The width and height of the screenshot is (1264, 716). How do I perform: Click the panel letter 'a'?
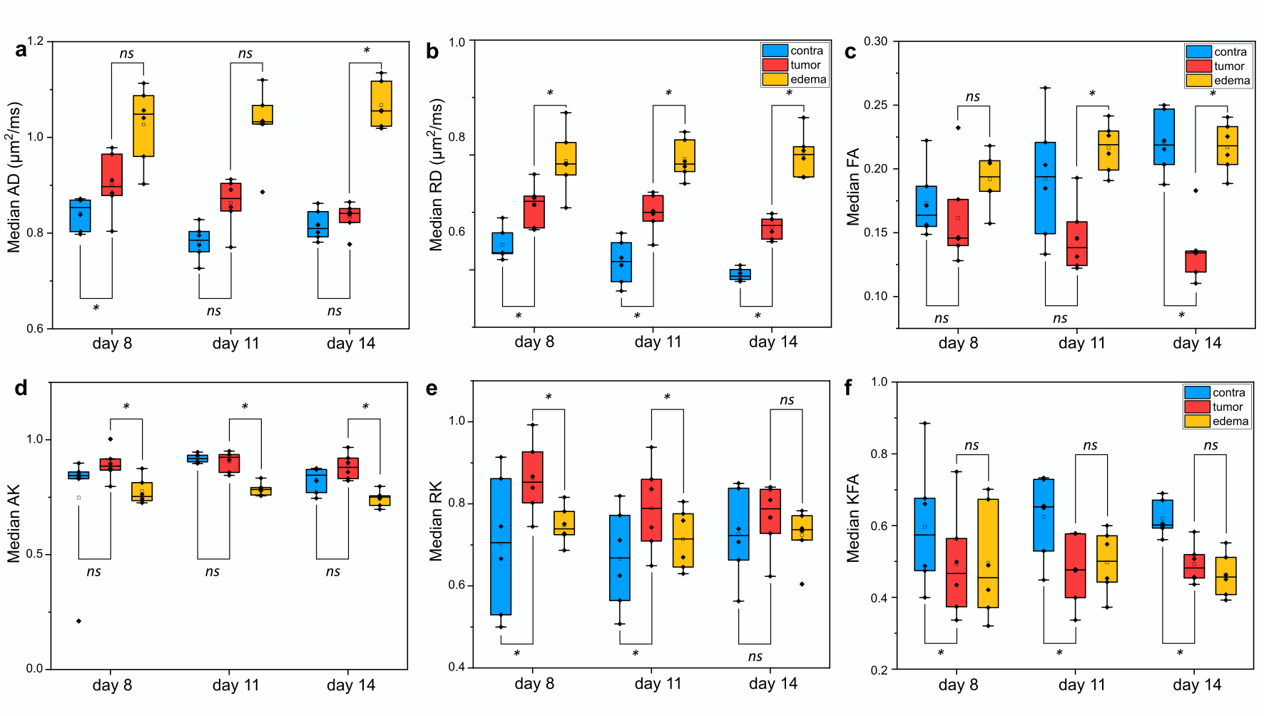[21, 50]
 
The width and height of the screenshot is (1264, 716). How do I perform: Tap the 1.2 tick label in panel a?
[36, 41]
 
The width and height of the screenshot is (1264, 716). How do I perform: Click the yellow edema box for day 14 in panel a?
[381, 103]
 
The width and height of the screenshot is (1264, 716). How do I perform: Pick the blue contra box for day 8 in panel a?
[80, 215]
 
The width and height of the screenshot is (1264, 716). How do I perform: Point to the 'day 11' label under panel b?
[658, 342]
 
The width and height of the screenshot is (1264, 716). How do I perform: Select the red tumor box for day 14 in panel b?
[771, 229]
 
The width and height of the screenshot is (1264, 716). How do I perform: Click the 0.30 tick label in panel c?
[875, 41]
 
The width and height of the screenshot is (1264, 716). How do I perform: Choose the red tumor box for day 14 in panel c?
[1196, 261]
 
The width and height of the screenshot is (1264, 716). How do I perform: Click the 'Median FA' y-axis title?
[853, 187]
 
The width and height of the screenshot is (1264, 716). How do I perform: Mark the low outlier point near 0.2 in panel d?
[78, 621]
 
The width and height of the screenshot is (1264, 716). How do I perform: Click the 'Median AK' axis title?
[14, 524]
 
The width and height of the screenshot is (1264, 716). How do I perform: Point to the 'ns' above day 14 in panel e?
[787, 400]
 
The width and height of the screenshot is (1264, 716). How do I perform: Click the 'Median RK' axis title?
[435, 521]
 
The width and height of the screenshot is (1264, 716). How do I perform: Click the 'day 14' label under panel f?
[1196, 685]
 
